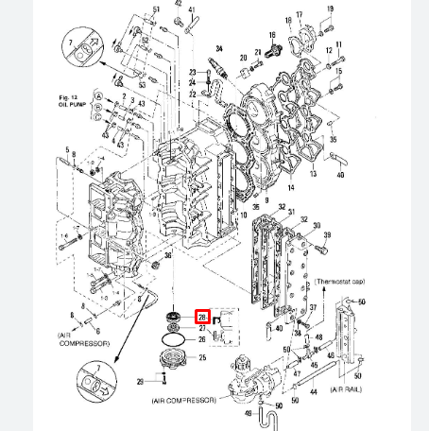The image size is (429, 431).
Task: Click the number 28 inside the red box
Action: point(201,317)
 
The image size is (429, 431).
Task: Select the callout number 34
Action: point(219,48)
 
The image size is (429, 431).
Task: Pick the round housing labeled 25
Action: point(176,360)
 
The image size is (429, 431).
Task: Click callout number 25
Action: point(202,358)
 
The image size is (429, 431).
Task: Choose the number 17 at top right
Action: point(300,14)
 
